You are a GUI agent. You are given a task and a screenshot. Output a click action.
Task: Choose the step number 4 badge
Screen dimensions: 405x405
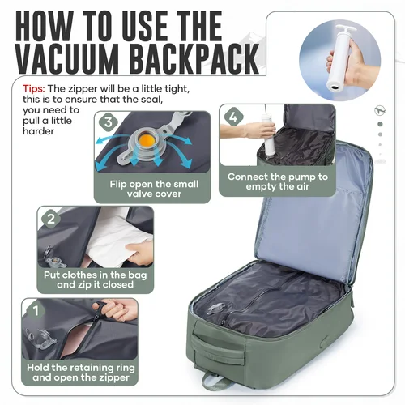pos(233,116)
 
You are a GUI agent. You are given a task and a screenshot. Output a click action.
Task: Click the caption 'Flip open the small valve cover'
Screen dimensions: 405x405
pos(160,190)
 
